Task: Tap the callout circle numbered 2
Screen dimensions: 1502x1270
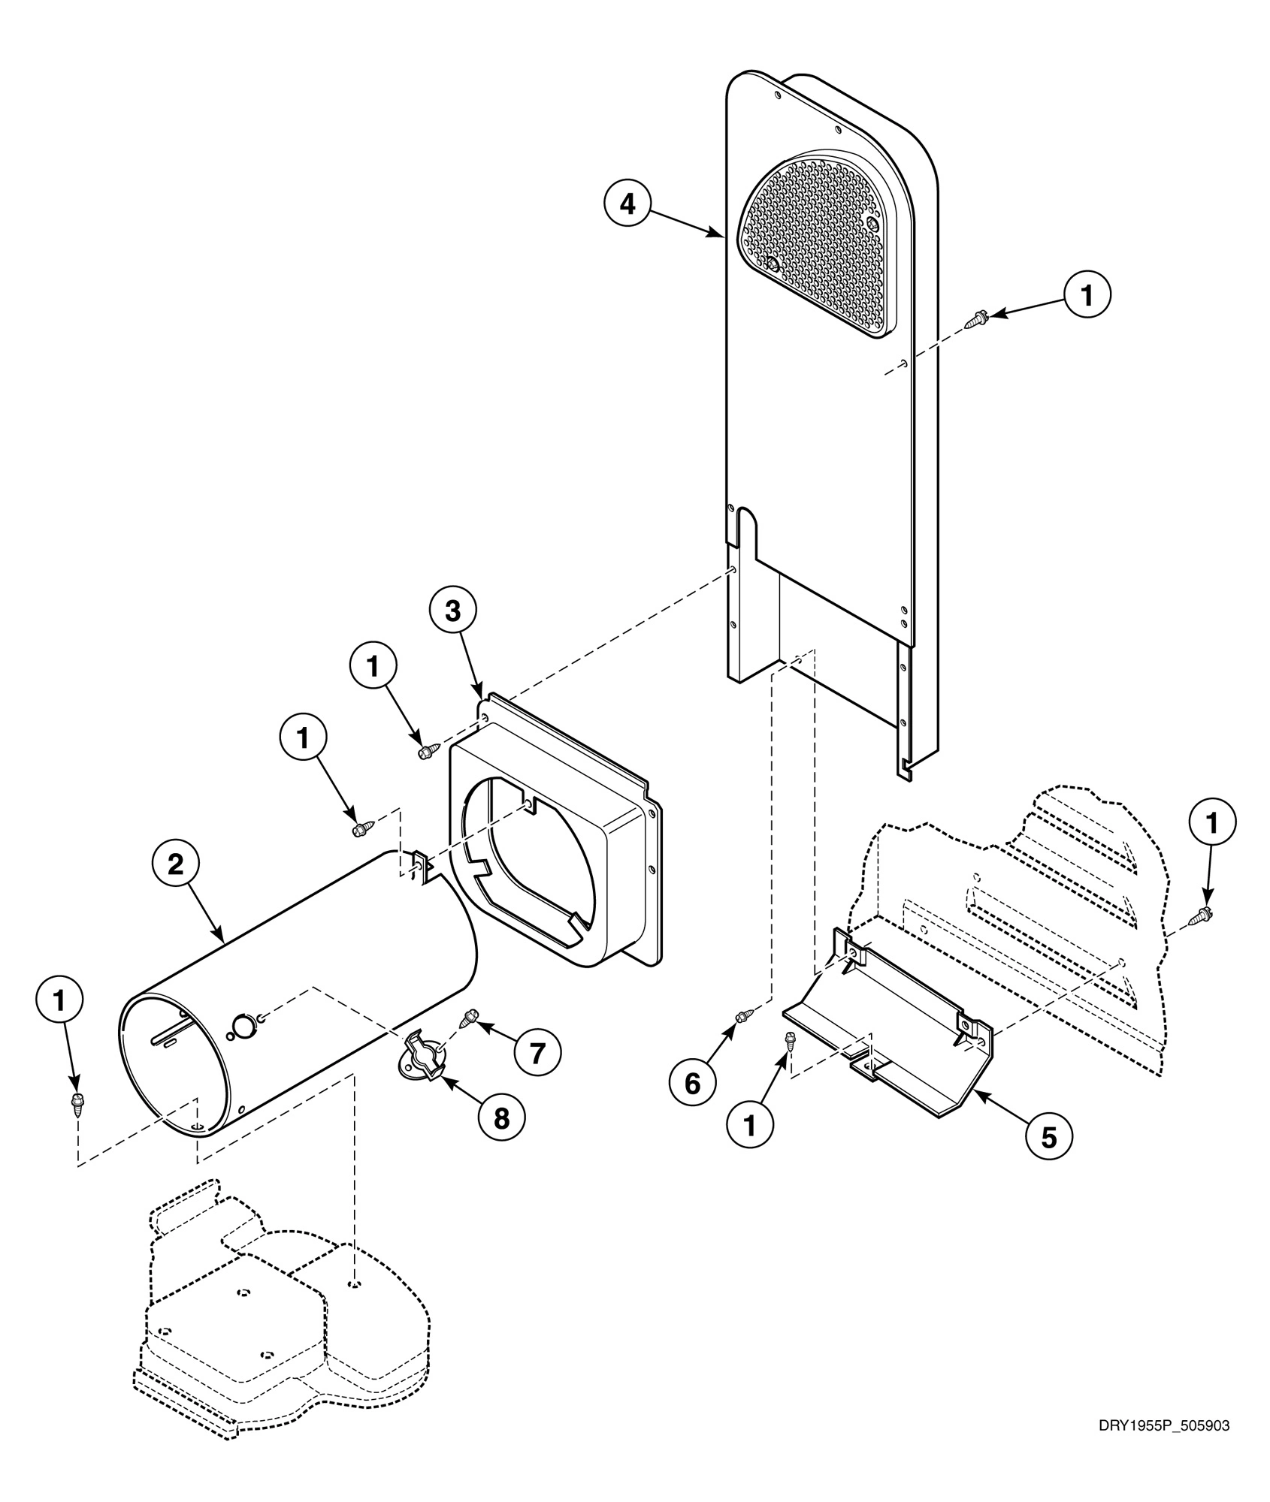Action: [x=175, y=864]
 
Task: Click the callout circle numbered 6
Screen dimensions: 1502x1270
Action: [x=692, y=1083]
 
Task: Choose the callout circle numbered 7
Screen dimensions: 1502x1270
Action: [x=537, y=1052]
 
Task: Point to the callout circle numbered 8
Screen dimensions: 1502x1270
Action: [x=501, y=1118]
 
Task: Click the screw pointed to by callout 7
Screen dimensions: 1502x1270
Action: [x=471, y=1017]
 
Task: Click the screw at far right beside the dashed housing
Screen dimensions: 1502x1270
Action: [x=1201, y=915]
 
